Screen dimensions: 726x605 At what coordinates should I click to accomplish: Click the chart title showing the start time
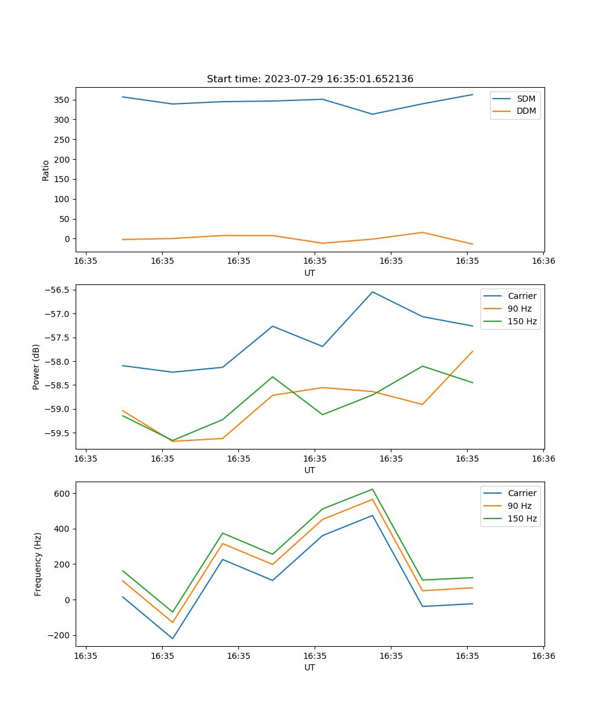pos(310,79)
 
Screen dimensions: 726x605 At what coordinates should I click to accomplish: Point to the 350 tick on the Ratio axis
pos(62,100)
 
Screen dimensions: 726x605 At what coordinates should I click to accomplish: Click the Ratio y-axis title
pos(46,170)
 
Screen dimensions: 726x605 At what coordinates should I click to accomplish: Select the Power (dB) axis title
pos(36,367)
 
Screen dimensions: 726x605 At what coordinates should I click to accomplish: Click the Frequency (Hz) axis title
pos(38,564)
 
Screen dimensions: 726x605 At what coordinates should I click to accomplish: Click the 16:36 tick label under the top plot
pos(543,261)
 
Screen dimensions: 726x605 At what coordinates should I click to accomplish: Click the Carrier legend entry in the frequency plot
pos(522,493)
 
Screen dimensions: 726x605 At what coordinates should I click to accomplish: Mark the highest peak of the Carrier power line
pos(373,292)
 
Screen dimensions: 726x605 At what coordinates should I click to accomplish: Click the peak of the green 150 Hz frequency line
pos(373,489)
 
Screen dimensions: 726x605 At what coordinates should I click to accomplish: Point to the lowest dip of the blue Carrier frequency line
pos(172,638)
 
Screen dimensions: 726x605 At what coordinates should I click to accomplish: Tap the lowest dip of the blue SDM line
pos(373,114)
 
